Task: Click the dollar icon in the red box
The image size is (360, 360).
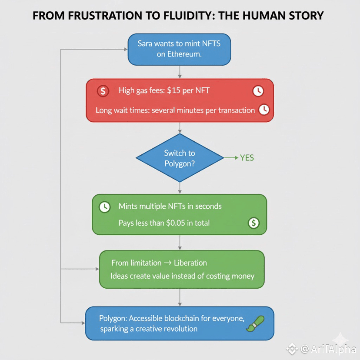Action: pos(103,91)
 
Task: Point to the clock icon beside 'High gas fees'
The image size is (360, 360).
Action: pos(258,91)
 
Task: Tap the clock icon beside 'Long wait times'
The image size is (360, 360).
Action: pos(263,110)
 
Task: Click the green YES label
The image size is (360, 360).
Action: pos(247,158)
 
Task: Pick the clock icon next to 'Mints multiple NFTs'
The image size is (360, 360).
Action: pos(105,207)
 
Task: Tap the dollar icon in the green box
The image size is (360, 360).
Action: pos(253,223)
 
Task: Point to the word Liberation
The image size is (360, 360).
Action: pos(190,263)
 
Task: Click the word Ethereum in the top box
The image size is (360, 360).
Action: pos(179,55)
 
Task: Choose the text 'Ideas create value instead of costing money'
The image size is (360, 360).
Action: pos(182,276)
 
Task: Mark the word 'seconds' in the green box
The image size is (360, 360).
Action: pos(208,206)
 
